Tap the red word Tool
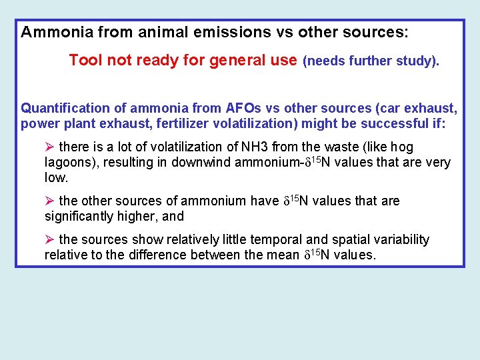click(85, 61)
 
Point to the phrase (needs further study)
click(371, 61)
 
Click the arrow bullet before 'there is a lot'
click(49, 147)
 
